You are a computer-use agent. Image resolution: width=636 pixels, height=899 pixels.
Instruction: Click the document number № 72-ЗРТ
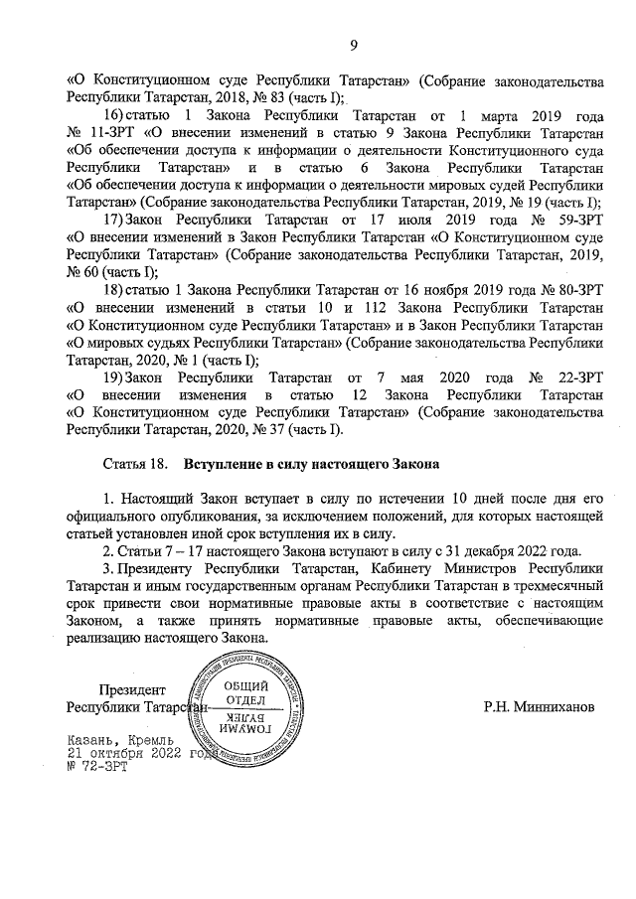pyautogui.click(x=98, y=766)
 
